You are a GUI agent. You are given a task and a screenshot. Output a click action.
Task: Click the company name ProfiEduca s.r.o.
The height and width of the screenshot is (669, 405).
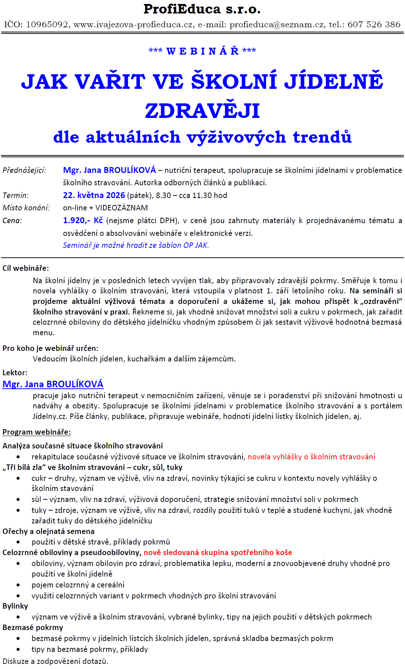(x=202, y=9)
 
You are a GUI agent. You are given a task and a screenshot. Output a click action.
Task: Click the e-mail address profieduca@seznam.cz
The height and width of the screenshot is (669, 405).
(x=277, y=25)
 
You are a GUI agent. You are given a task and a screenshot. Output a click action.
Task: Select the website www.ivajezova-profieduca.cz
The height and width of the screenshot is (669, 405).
(x=133, y=25)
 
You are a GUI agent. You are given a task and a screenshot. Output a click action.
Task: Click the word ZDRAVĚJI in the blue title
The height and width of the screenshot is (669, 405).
(x=202, y=111)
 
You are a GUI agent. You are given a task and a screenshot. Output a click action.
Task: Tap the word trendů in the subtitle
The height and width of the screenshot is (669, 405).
(x=322, y=137)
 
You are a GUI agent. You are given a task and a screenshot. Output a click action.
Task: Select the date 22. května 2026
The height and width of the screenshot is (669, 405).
(x=94, y=195)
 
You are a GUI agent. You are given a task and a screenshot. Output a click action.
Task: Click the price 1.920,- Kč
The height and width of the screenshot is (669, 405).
(x=83, y=221)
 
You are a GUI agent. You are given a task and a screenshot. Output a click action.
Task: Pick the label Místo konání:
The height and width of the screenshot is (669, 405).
(x=26, y=208)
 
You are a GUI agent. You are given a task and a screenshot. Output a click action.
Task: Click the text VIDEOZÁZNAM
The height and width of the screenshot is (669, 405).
(x=122, y=208)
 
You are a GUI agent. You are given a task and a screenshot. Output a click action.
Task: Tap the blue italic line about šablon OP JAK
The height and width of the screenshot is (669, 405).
(x=136, y=245)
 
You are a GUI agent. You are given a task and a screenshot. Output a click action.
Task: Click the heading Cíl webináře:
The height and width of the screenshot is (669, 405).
(x=25, y=268)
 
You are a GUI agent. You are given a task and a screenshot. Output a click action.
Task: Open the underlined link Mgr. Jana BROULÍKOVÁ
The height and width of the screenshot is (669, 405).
(x=53, y=384)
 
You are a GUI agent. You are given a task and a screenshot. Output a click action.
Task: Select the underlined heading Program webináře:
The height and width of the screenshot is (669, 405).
(x=36, y=432)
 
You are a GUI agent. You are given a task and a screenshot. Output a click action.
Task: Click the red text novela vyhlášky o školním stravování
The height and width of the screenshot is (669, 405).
(x=311, y=457)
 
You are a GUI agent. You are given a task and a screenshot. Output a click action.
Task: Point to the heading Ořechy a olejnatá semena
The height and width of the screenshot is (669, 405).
(x=48, y=531)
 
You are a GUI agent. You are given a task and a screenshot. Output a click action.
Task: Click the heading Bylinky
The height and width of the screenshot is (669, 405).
(x=15, y=606)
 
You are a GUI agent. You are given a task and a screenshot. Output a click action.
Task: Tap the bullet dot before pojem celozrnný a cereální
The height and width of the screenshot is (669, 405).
(x=18, y=585)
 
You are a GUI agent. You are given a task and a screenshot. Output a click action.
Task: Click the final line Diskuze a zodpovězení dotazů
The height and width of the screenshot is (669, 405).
(x=55, y=661)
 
